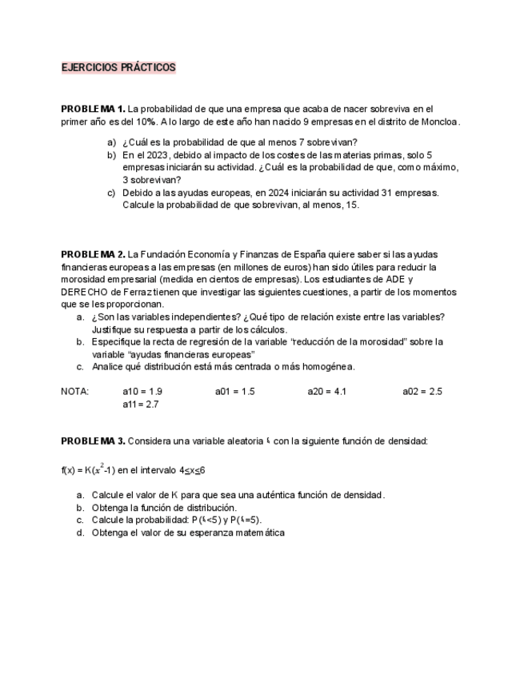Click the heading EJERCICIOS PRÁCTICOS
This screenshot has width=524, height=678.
118,68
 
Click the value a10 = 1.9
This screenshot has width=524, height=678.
142,392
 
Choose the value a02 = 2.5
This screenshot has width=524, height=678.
422,392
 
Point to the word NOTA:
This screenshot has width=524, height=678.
74,392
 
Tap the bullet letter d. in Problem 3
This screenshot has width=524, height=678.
81,532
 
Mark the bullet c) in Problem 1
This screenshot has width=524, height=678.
111,193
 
